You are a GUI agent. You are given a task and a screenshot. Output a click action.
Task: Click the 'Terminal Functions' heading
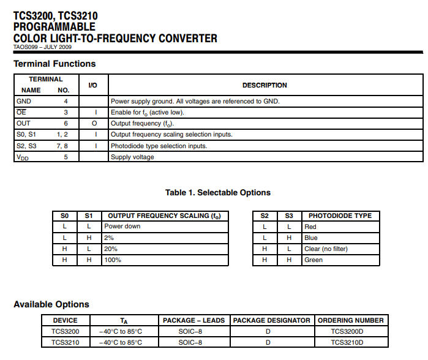(x=54, y=64)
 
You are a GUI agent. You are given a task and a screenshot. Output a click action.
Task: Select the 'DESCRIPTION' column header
(x=265, y=85)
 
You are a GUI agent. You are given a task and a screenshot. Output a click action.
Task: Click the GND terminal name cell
(x=24, y=101)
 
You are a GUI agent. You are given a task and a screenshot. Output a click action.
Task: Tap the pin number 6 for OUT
(x=66, y=123)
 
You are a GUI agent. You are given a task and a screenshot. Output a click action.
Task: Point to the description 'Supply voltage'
(x=132, y=157)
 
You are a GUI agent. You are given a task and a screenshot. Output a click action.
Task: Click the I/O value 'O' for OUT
(x=93, y=123)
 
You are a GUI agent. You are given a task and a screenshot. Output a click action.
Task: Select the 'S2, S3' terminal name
(x=26, y=146)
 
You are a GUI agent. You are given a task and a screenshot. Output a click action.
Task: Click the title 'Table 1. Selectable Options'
(x=217, y=192)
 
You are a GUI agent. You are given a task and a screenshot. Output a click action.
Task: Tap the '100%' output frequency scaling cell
(x=113, y=260)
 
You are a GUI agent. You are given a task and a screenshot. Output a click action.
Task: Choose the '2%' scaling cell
(x=109, y=238)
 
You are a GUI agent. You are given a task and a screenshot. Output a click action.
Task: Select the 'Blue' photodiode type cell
(x=310, y=238)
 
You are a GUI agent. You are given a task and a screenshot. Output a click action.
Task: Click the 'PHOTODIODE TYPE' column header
(x=340, y=216)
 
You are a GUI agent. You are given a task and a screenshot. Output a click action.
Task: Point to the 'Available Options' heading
(x=51, y=304)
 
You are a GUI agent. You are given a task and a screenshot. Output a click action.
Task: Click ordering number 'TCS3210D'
(x=347, y=342)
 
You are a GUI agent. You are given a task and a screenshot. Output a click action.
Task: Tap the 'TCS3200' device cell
(x=65, y=331)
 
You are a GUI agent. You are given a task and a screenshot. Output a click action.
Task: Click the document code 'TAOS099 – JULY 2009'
(x=42, y=47)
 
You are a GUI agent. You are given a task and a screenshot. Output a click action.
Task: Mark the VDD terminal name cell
(x=23, y=157)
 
